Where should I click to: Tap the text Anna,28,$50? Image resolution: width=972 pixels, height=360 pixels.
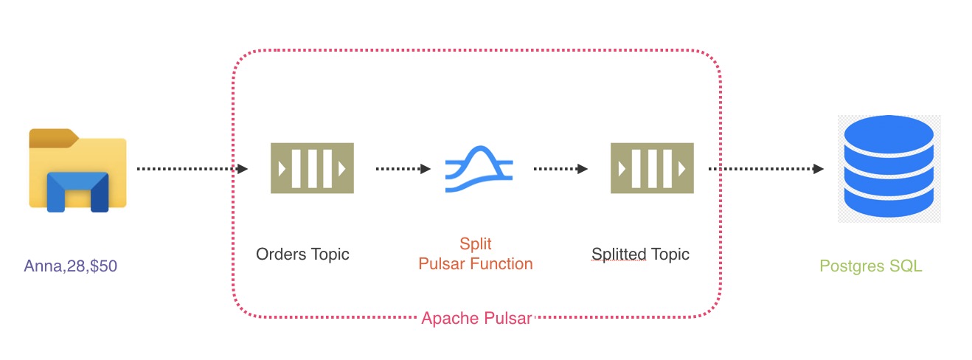70,266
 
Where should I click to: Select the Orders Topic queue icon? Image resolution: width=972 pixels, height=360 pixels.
312,168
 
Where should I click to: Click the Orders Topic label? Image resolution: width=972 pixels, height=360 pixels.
302,255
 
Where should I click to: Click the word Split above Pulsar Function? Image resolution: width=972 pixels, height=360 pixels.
475,244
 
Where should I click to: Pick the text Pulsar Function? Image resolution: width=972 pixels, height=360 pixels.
475,263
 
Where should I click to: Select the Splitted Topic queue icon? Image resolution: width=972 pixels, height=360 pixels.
652,168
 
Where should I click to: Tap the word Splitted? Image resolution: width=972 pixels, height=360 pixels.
618,255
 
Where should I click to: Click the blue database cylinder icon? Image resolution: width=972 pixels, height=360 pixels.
889,167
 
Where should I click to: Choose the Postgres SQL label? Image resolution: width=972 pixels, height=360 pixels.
870,266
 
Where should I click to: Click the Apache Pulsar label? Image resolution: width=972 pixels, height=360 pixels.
476,319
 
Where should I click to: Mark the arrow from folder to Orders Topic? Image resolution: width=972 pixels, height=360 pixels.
192,169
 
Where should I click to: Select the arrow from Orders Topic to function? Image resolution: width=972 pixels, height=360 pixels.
403,169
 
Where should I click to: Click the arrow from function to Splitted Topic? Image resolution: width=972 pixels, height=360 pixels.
560,169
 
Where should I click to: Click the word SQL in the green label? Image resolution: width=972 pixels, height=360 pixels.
906,266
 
